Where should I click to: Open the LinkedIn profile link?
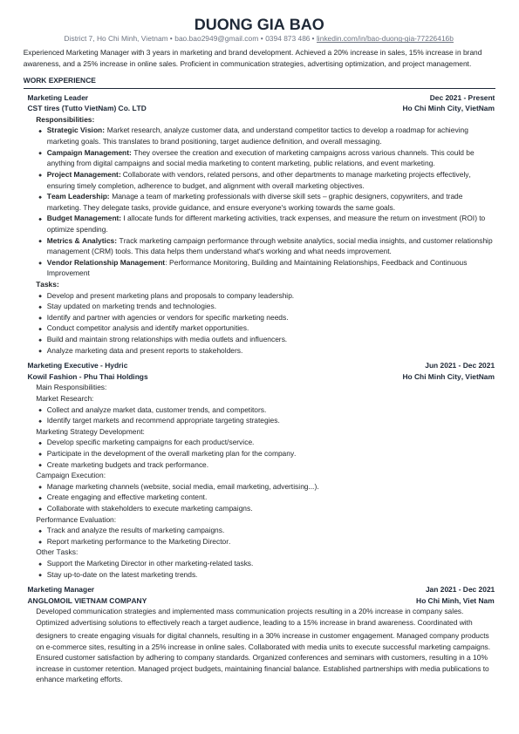coord(385,39)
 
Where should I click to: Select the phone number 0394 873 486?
coord(287,39)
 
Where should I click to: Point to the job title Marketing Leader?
coord(58,98)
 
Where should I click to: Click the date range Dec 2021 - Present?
coord(462,98)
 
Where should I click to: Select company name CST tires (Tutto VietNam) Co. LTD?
coord(87,108)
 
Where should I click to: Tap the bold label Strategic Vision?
coord(76,129)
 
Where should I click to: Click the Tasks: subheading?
coord(48,284)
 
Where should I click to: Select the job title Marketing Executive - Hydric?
coord(78,365)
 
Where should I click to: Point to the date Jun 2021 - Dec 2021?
coord(460,365)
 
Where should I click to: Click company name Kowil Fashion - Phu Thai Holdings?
coord(87,377)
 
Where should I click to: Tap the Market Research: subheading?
coord(65,398)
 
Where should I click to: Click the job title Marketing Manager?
coord(60,590)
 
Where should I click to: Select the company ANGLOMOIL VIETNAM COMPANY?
coord(87,601)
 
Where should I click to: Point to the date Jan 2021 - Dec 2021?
coord(460,590)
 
